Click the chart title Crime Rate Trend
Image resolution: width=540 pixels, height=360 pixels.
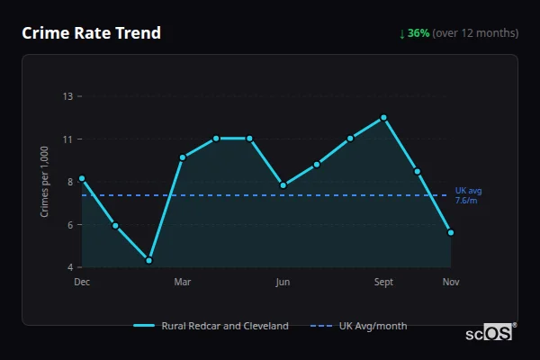click(91, 33)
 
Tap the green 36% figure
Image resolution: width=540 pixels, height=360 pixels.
click(418, 33)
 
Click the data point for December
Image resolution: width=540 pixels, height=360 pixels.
click(82, 178)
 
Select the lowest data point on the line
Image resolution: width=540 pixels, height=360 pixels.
click(148, 260)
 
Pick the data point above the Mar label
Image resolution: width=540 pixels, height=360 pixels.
click(183, 157)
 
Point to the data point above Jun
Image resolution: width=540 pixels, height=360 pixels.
click(283, 185)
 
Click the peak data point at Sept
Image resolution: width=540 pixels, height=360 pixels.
click(383, 118)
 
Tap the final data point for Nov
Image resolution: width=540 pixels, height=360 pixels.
click(451, 232)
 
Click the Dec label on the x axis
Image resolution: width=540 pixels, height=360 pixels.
click(82, 283)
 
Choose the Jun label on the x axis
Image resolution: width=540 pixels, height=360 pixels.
click(283, 283)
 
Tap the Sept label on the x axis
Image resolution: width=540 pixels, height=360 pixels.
click(383, 283)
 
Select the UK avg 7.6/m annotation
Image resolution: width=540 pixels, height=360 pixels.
click(468, 195)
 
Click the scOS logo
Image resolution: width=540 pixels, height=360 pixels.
click(488, 333)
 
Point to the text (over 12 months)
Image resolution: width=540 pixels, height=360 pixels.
click(475, 33)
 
